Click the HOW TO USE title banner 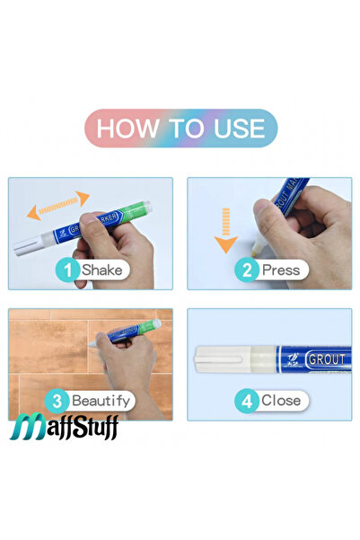click(x=180, y=127)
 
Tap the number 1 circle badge click(x=66, y=269)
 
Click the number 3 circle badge click(x=57, y=400)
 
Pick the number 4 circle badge click(x=246, y=400)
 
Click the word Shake click(x=101, y=269)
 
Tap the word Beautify click(x=101, y=400)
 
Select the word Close click(x=280, y=400)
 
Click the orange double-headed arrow click(x=57, y=206)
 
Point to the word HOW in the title click(x=127, y=127)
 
